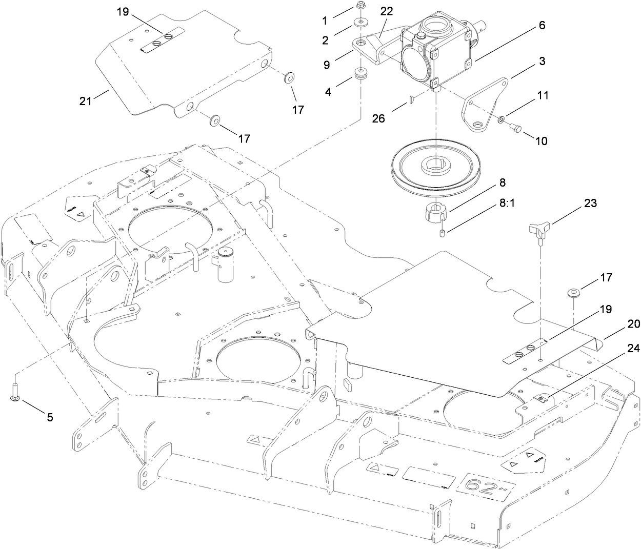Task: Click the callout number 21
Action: pos(85,100)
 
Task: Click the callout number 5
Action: pos(50,417)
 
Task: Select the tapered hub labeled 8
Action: pos(435,212)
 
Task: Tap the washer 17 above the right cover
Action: pos(573,294)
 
